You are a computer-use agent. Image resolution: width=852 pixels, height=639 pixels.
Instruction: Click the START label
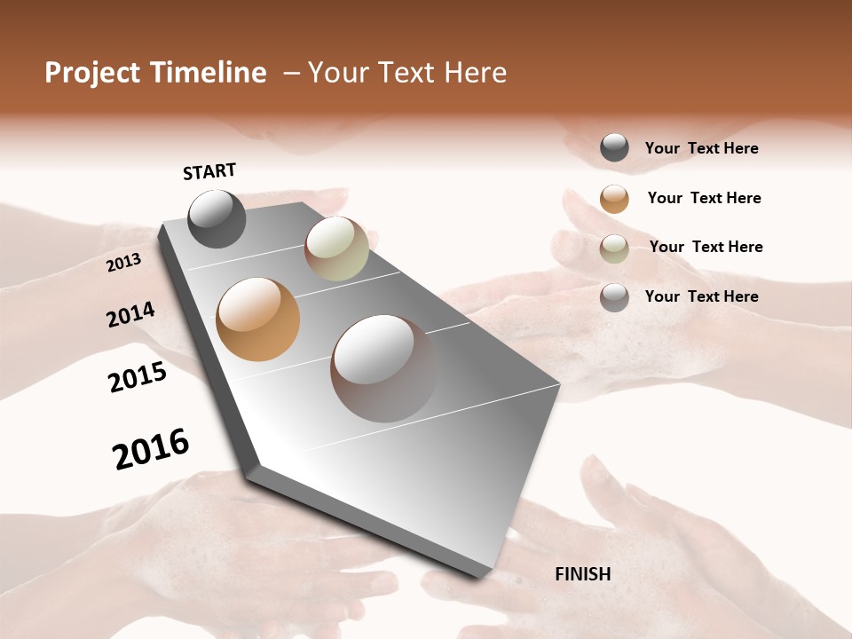click(x=209, y=171)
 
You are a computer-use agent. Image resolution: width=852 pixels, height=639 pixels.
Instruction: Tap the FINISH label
click(x=583, y=574)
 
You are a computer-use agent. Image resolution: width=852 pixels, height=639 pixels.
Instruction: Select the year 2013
click(x=124, y=263)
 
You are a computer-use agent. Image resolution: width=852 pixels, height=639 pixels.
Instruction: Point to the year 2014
click(x=131, y=314)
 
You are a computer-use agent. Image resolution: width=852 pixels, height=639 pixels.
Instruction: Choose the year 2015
click(x=138, y=377)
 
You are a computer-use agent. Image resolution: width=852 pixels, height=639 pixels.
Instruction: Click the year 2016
click(x=151, y=448)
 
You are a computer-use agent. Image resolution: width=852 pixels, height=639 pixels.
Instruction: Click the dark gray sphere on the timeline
click(x=217, y=219)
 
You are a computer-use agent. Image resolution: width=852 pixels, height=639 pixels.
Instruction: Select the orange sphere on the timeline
click(x=258, y=319)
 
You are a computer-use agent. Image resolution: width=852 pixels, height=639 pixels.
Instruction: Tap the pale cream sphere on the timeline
click(x=336, y=248)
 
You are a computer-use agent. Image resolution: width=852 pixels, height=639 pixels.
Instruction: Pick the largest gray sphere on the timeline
click(x=383, y=368)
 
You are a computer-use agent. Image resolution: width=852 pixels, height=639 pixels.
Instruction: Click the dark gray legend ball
click(x=614, y=148)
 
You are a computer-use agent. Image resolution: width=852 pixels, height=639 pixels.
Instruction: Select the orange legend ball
click(x=614, y=199)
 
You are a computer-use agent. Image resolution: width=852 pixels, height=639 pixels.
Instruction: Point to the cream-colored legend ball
click(x=614, y=248)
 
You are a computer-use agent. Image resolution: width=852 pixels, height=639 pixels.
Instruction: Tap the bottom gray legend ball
click(x=614, y=297)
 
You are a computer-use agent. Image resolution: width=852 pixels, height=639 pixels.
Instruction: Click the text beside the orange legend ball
click(x=704, y=198)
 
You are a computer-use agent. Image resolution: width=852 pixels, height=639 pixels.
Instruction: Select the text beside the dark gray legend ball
click(x=701, y=148)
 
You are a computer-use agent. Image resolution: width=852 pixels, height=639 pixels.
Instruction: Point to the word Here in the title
click(x=475, y=73)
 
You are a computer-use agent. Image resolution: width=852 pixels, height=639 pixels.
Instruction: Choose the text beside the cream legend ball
click(x=706, y=247)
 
